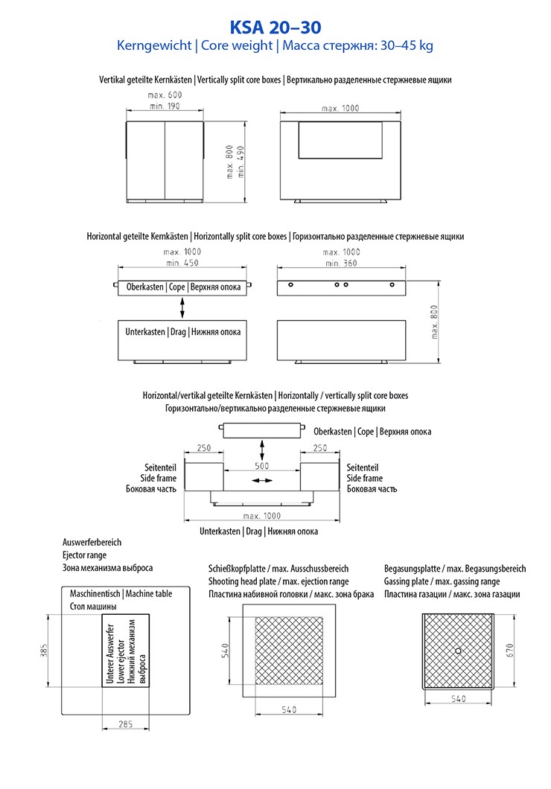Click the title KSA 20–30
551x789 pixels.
(275, 28)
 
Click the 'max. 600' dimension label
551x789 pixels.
(165, 95)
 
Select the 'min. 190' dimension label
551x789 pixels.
(165, 106)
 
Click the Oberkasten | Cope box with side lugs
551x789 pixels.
(184, 287)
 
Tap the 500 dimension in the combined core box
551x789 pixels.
(261, 466)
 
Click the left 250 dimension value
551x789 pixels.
(205, 449)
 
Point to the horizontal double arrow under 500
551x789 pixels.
(261, 482)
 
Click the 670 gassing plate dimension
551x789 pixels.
(509, 650)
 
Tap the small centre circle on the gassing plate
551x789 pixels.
(457, 650)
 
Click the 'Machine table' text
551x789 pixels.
(149, 594)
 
